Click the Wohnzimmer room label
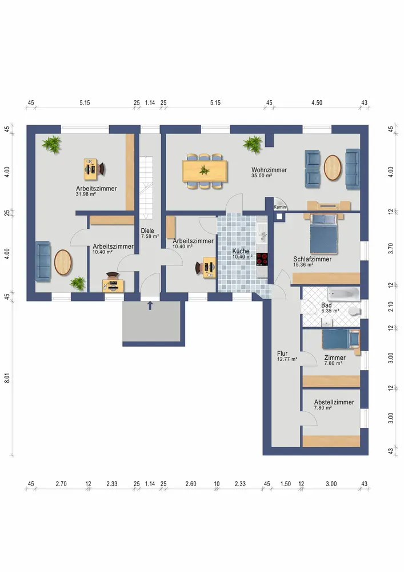coord(269,170)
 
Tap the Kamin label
coord(280,207)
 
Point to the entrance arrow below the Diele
coord(150,305)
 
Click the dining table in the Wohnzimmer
coord(205,170)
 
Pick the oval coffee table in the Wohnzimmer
coord(332,168)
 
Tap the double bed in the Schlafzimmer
coord(323,234)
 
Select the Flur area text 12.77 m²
coord(287,359)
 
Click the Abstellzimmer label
coord(334,402)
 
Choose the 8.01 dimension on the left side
coord(7,376)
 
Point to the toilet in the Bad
coord(354,311)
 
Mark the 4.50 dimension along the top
coord(317,103)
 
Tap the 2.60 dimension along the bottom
coord(190,484)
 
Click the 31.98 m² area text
coord(86,194)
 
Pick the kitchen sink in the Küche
coord(262,234)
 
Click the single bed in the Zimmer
coord(341,339)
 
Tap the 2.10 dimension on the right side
coord(390,306)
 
